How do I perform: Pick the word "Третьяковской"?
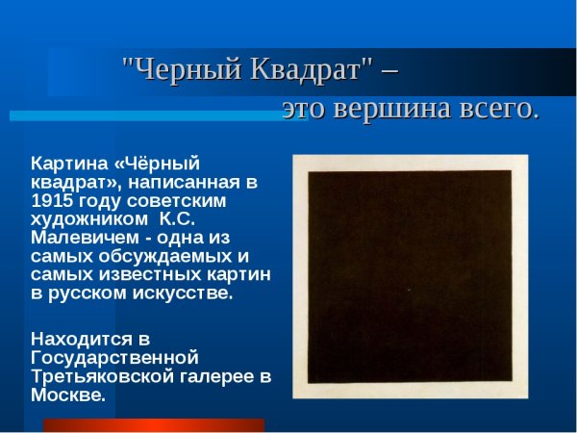point(100,375)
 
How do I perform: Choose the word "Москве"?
point(67,395)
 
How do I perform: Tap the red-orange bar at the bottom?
point(154,424)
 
